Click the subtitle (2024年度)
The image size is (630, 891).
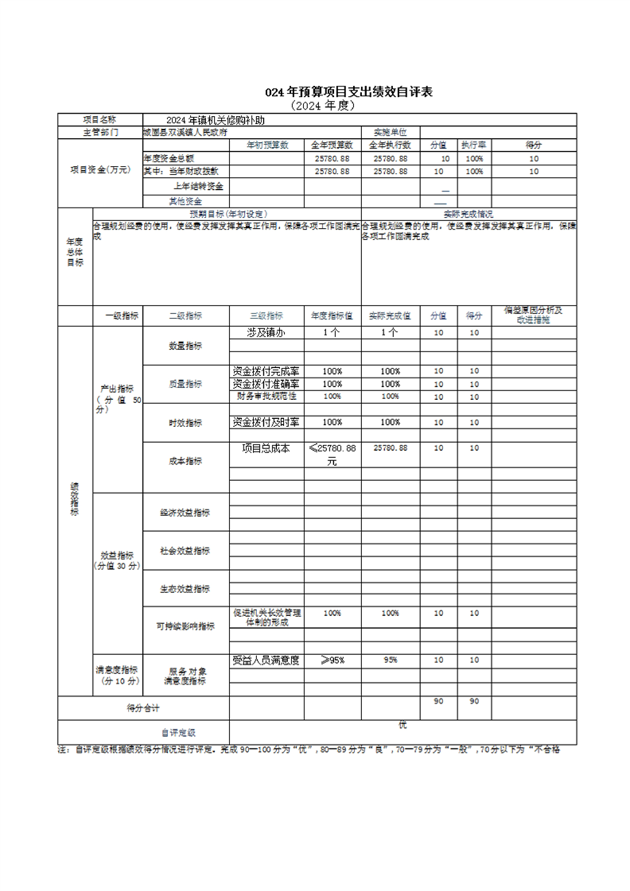[322, 105]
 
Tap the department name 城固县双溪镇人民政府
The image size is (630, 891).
[185, 132]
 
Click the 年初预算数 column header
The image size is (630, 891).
[266, 145]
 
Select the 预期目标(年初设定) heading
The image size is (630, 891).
[227, 214]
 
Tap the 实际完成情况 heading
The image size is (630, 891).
[468, 214]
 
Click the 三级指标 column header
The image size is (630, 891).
[266, 315]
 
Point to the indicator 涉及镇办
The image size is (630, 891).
[266, 332]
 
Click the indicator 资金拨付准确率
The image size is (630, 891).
[266, 384]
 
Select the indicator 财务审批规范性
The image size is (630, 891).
[266, 396]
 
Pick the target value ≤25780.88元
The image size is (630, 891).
[332, 454]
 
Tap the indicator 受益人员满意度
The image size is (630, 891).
[266, 660]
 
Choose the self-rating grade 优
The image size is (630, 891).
[402, 725]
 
